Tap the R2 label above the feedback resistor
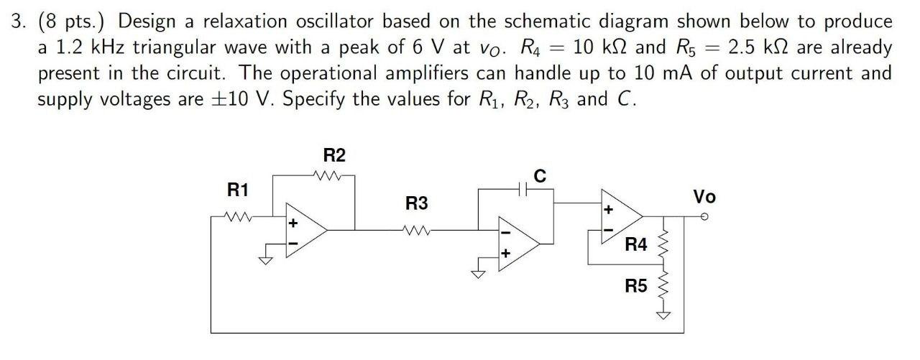point(334,155)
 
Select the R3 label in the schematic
point(416,203)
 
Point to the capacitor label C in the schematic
point(540,175)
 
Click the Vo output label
point(704,196)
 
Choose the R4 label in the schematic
point(636,245)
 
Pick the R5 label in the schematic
point(636,287)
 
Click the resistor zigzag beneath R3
point(416,231)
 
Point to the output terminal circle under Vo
point(705,215)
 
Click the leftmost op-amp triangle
point(305,229)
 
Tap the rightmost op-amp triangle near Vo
point(620,214)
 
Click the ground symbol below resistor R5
point(663,315)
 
